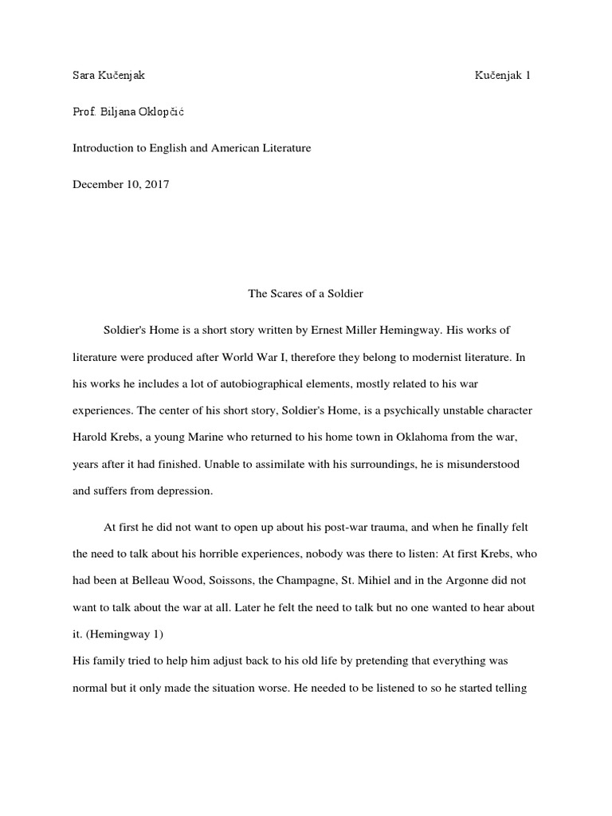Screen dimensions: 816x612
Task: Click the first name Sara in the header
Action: (x=84, y=76)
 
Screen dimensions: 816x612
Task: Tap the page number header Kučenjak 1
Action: (x=503, y=76)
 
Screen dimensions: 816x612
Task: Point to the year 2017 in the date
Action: (x=156, y=184)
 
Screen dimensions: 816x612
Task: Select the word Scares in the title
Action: (x=285, y=293)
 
